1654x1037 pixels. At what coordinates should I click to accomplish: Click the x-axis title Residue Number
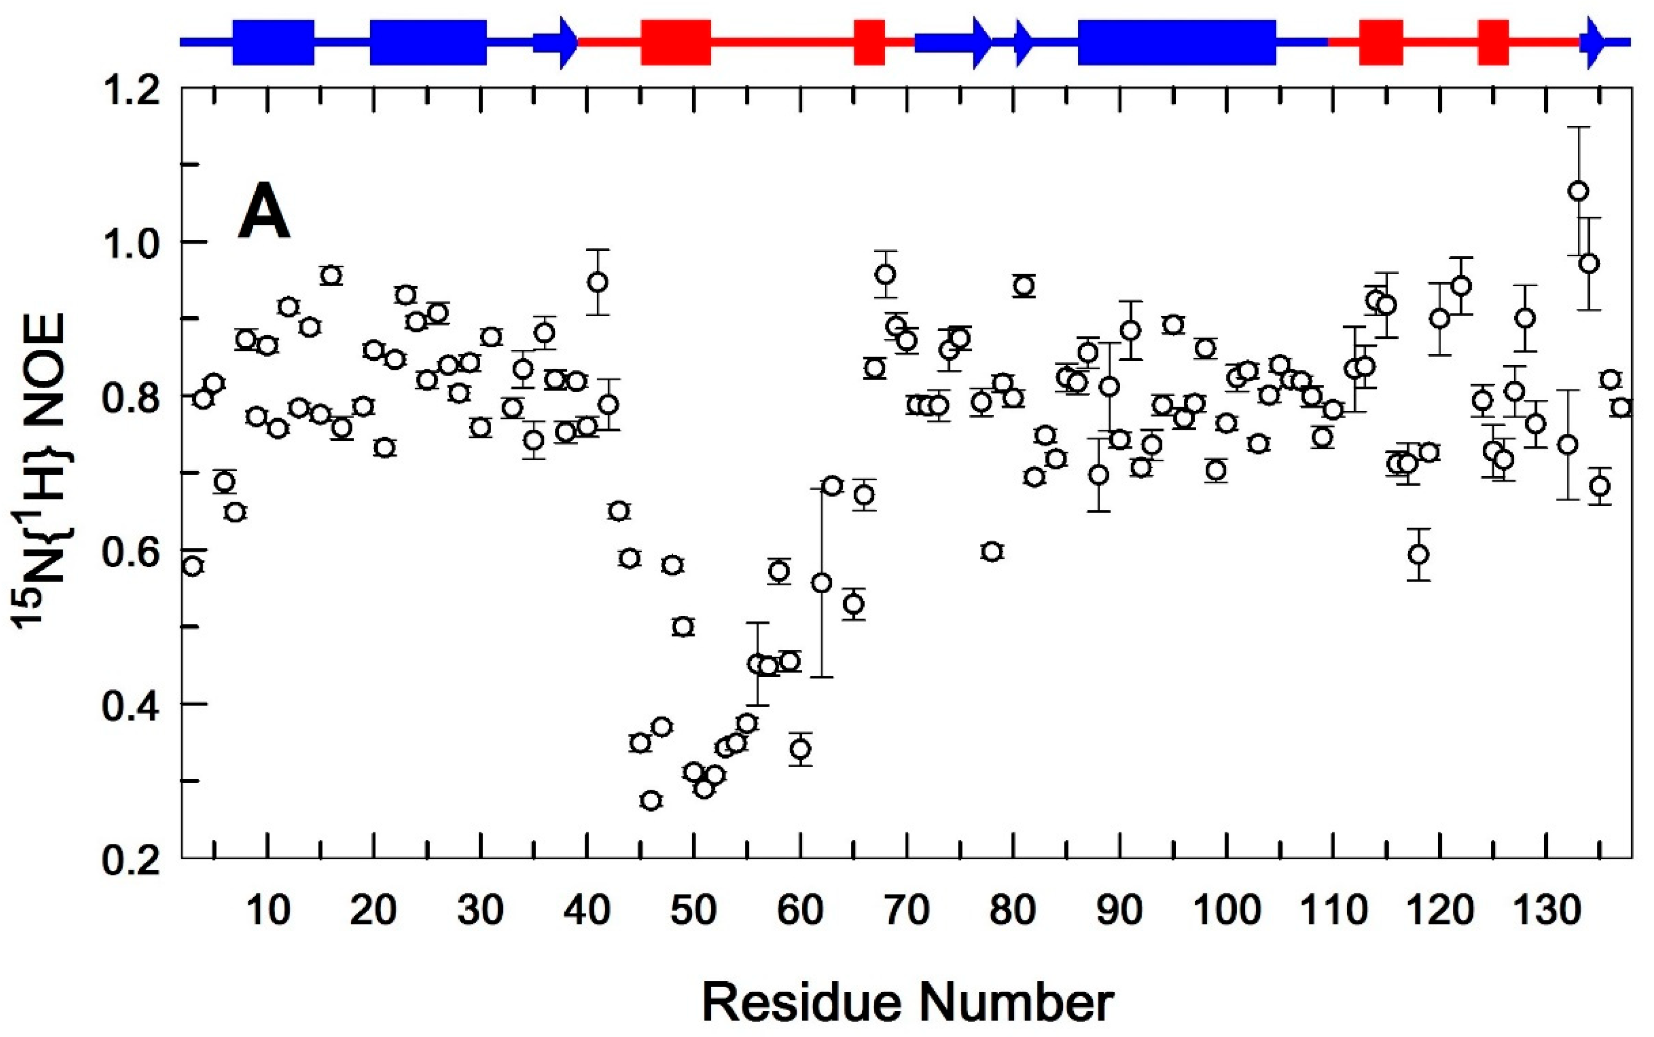point(907,1003)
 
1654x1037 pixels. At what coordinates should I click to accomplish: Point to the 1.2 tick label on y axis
point(130,91)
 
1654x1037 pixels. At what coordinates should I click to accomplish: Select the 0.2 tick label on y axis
point(130,859)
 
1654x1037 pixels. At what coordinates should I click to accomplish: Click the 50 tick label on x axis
point(693,911)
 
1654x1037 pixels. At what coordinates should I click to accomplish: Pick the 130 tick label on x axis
point(1547,911)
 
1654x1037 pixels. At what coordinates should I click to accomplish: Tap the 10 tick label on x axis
point(267,911)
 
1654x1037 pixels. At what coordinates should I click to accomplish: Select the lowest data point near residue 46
point(651,800)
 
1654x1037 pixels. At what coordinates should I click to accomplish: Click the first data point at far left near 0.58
point(194,566)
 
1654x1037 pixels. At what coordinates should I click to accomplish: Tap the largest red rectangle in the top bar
point(675,42)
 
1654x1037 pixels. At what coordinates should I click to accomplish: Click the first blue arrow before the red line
point(555,42)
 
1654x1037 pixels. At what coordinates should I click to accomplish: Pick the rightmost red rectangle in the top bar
point(1493,42)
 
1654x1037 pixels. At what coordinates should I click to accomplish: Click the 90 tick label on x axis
point(1119,911)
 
